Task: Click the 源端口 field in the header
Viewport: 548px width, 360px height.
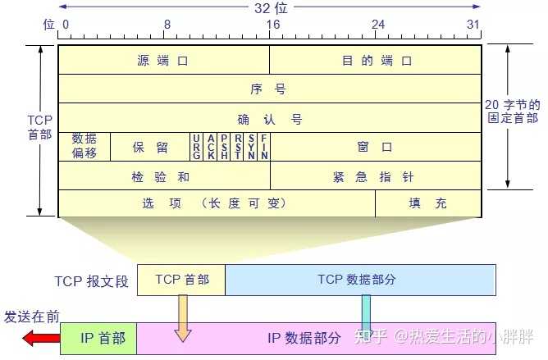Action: click(x=163, y=61)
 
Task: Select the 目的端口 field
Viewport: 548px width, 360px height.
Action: click(x=376, y=61)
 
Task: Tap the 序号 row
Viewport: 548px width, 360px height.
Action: click(x=269, y=89)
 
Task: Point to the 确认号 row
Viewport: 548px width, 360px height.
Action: click(x=269, y=119)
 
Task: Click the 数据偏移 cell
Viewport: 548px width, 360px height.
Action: click(x=84, y=146)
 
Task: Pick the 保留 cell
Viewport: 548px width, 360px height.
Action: click(x=150, y=147)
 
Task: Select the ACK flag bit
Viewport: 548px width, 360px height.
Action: click(x=211, y=146)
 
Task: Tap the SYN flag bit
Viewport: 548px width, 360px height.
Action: click(x=251, y=146)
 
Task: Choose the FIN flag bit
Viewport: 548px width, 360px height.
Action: click(x=264, y=146)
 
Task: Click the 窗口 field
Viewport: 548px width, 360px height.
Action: click(x=376, y=147)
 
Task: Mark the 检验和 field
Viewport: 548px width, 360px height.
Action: click(x=163, y=175)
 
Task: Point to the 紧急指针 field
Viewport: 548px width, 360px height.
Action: click(x=376, y=175)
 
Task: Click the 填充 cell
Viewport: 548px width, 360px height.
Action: click(x=428, y=203)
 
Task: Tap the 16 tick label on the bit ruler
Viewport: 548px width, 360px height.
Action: click(x=271, y=25)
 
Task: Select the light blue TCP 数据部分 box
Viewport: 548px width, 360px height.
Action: click(x=360, y=280)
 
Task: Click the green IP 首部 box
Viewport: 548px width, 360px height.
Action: click(x=98, y=338)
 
